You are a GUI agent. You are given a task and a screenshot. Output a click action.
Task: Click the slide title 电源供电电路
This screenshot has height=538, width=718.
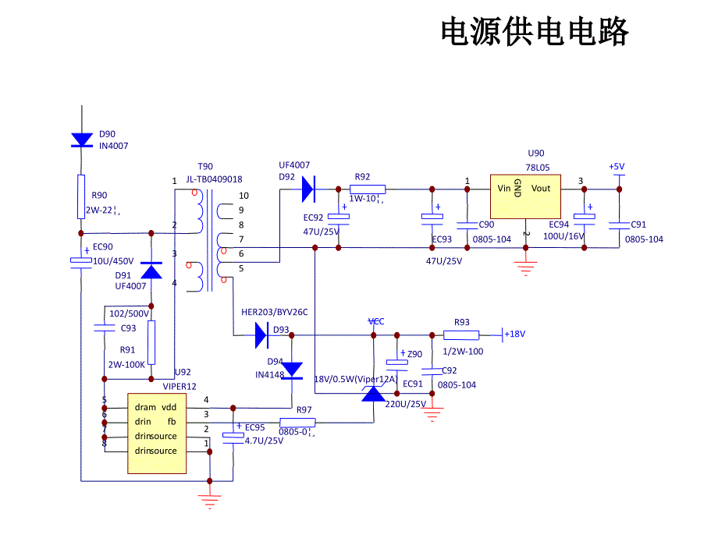(x=535, y=33)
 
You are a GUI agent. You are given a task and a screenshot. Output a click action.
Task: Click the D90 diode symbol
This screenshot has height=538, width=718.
(x=82, y=140)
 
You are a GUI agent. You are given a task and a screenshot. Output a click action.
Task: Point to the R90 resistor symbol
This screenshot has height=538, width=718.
(x=81, y=196)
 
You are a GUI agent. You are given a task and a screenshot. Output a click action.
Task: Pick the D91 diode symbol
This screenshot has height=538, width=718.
(x=151, y=271)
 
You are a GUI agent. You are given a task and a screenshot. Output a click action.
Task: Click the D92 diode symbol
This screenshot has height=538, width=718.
(x=307, y=188)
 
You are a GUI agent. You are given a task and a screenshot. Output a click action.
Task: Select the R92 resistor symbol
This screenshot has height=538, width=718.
(x=368, y=189)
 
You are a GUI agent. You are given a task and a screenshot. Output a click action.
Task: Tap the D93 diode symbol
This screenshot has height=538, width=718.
(x=261, y=335)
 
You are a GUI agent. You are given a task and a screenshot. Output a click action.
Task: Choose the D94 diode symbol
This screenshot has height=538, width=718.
(x=292, y=368)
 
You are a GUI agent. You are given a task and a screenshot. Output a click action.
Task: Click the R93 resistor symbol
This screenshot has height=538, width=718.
(x=461, y=335)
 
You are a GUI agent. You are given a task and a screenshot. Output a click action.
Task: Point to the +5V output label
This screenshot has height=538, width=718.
(x=617, y=167)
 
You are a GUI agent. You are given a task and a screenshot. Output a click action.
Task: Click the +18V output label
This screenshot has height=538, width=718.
(x=515, y=334)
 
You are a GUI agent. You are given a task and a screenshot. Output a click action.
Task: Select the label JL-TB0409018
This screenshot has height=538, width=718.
(x=214, y=179)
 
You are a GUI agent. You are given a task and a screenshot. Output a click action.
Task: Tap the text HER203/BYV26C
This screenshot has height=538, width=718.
(x=275, y=312)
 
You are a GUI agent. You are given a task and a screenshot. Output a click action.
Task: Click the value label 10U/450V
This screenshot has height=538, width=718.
(x=114, y=260)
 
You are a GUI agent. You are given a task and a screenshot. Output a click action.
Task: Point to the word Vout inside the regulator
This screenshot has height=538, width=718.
(x=541, y=188)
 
